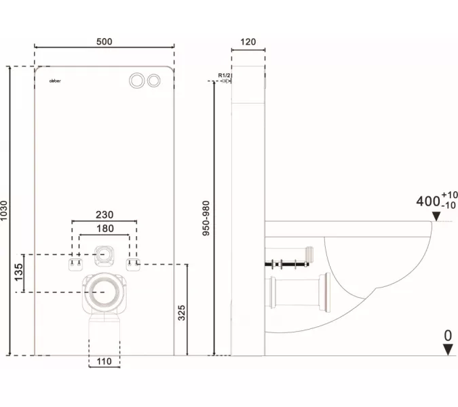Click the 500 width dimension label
[104, 41]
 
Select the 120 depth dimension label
[248, 41]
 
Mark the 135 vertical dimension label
[19, 273]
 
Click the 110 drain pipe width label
[104, 362]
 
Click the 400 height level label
[427, 201]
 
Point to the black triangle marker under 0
[448, 349]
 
